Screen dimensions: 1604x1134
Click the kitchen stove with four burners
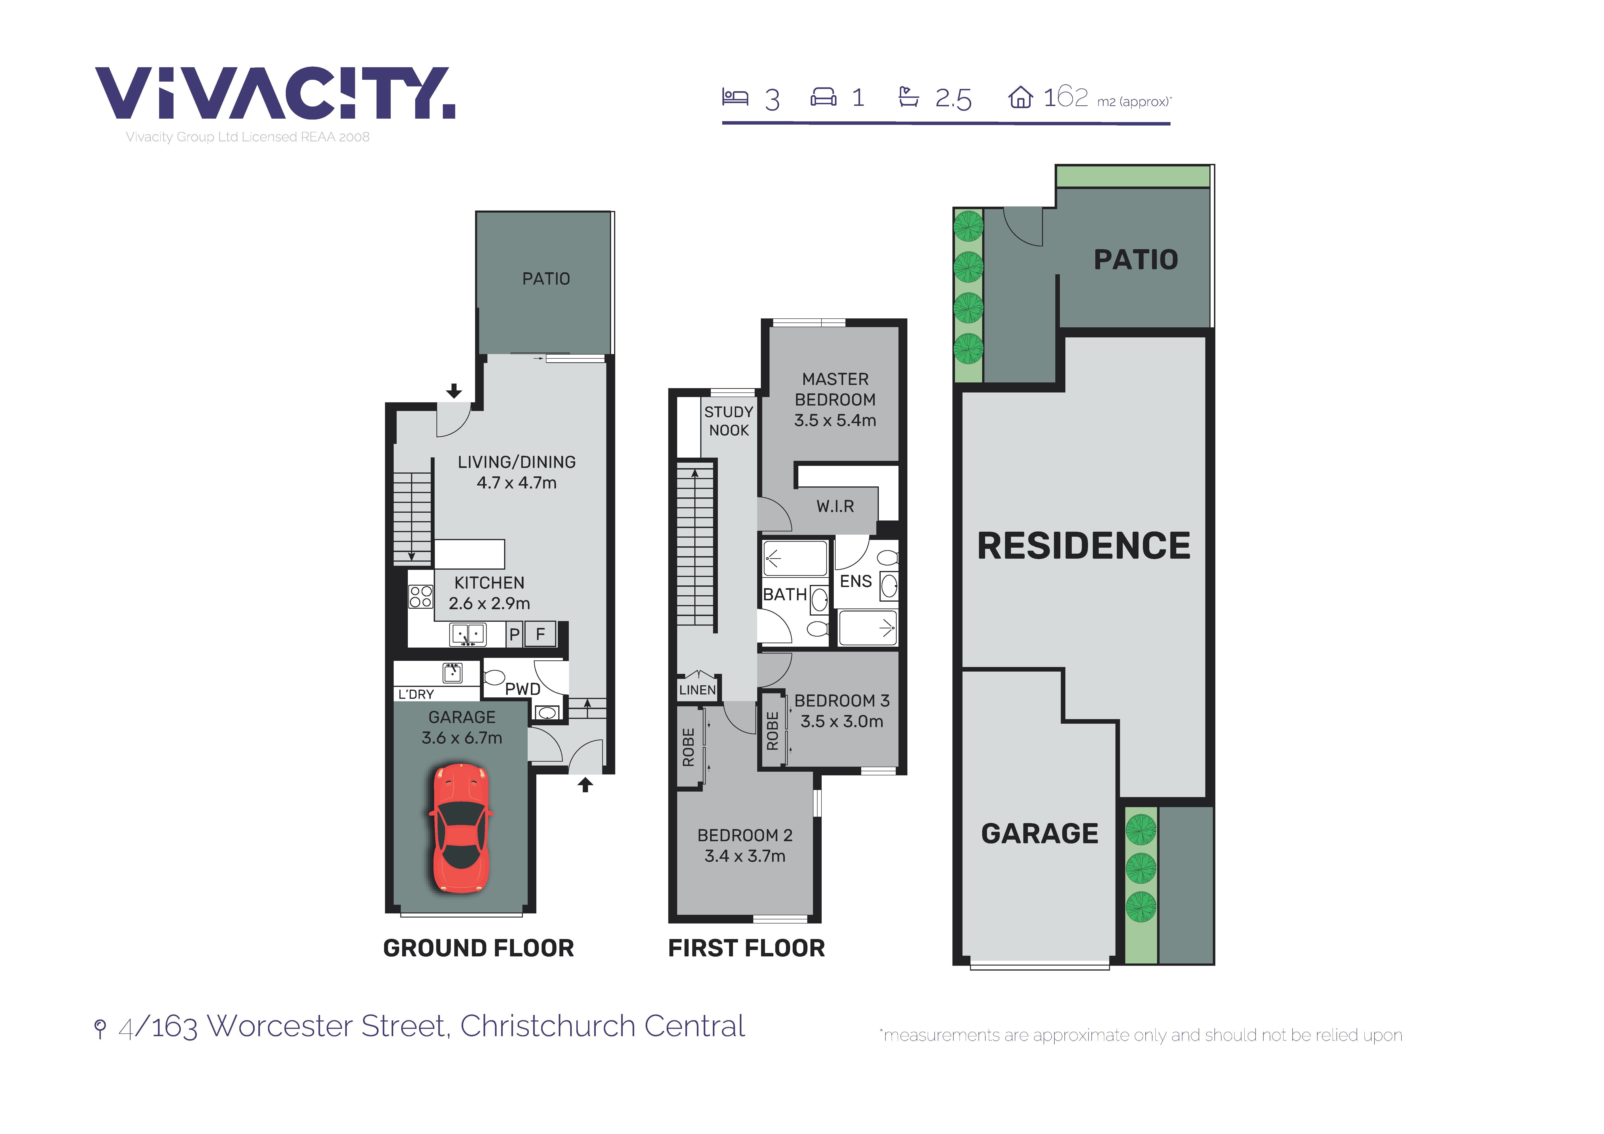point(421,597)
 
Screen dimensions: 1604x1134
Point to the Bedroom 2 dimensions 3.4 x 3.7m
point(745,856)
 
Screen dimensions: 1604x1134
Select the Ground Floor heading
point(479,948)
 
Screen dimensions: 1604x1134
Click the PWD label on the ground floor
point(523,689)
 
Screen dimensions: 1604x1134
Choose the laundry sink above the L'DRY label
point(453,672)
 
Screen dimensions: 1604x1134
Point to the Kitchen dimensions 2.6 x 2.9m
point(489,603)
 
